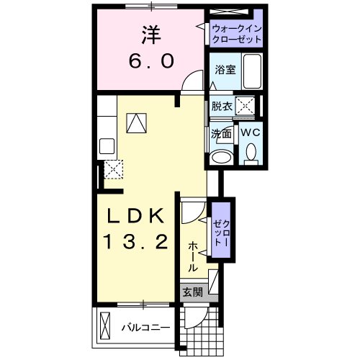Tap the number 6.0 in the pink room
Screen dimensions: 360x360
point(150,63)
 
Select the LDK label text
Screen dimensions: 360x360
point(139,217)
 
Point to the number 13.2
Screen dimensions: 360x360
point(139,243)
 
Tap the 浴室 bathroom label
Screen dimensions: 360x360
point(225,70)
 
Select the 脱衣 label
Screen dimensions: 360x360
point(221,107)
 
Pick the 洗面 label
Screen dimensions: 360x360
point(222,133)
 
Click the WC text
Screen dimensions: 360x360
point(251,132)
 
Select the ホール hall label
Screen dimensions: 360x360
point(194,256)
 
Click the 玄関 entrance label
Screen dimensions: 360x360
point(192,293)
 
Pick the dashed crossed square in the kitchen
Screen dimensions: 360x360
point(112,171)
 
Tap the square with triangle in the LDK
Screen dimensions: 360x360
point(135,125)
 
